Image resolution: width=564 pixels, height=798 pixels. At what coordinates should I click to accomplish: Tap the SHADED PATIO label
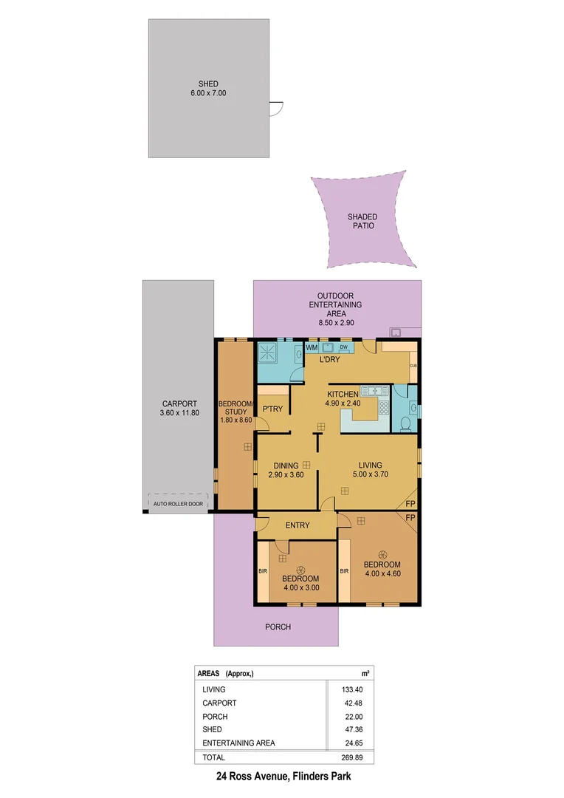click(x=362, y=221)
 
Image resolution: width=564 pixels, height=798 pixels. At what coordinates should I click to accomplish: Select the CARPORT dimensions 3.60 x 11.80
click(x=179, y=414)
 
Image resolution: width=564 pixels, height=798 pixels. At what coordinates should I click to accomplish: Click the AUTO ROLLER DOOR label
click(x=177, y=504)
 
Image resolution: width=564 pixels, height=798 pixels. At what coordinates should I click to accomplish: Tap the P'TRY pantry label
click(x=269, y=409)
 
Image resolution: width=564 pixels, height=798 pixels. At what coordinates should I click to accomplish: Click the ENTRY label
click(x=295, y=525)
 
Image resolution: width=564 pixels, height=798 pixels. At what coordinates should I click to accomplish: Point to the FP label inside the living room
click(x=410, y=505)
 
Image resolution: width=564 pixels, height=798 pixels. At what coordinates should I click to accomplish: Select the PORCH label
click(x=278, y=627)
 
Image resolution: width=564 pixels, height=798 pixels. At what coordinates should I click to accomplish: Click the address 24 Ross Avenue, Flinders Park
click(x=281, y=777)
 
